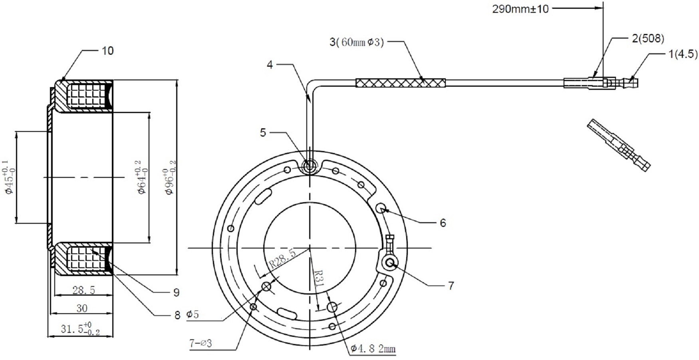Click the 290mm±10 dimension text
click(x=520, y=9)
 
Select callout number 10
click(x=107, y=51)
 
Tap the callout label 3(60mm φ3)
click(x=357, y=42)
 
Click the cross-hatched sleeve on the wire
click(x=400, y=83)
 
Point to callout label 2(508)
click(x=648, y=38)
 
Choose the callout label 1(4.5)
click(x=683, y=54)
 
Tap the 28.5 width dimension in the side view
click(x=84, y=290)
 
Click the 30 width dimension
click(x=81, y=308)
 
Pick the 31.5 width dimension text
click(x=80, y=328)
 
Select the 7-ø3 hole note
click(x=201, y=343)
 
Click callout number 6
click(x=443, y=223)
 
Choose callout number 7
click(x=451, y=286)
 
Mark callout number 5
click(x=263, y=133)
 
